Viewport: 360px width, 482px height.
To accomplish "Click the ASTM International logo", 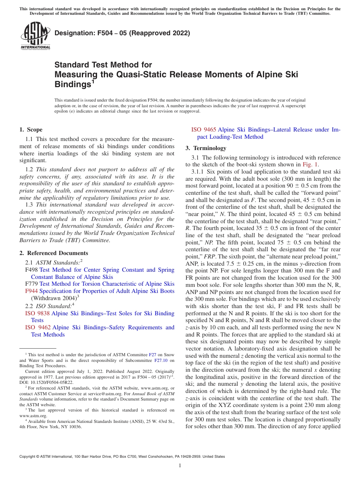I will (x=35, y=36).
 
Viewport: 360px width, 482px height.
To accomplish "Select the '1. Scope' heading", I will (x=31, y=130).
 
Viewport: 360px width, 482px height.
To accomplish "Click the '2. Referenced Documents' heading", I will (x=54, y=253).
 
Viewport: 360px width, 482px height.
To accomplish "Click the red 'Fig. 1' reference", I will (x=310, y=164).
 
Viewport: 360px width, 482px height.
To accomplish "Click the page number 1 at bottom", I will (x=180, y=466).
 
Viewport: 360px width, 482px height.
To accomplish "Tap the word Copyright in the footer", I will (x=28, y=457).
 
